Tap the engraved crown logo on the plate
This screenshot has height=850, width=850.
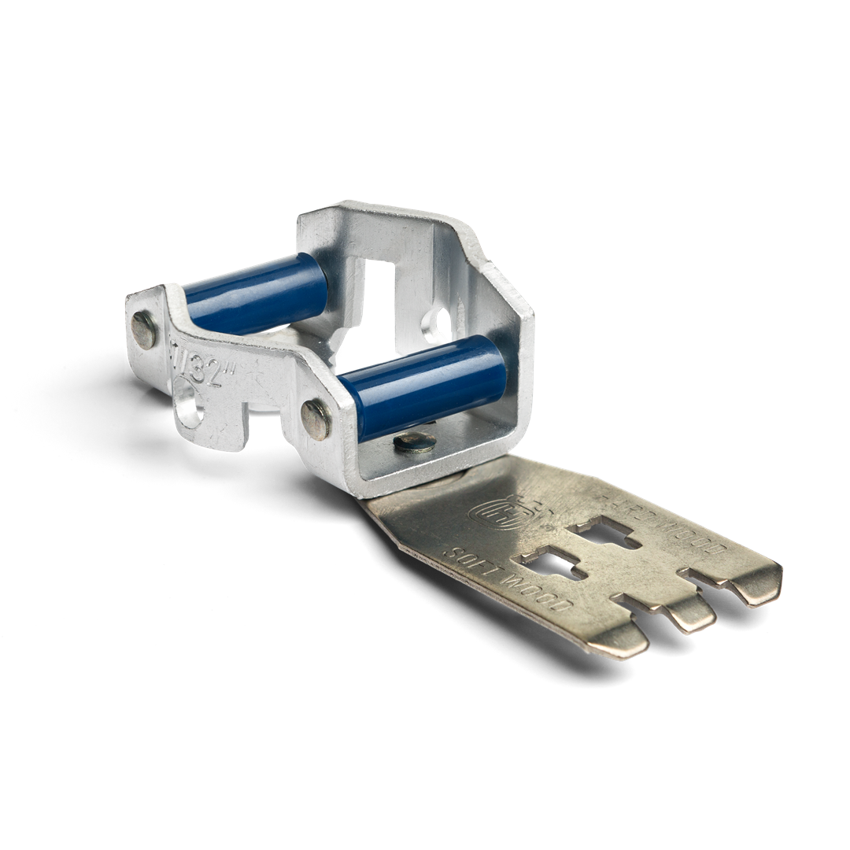pyautogui.click(x=490, y=512)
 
